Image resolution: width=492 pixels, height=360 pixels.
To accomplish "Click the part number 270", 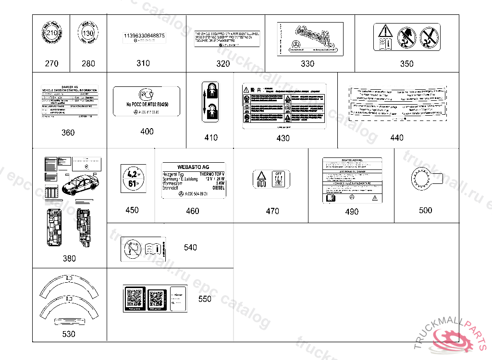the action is click(51, 63).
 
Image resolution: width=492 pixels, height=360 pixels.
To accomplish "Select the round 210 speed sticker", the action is click(51, 35).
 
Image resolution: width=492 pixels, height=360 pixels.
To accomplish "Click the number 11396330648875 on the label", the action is click(144, 36).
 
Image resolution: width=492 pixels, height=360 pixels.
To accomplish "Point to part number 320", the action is click(223, 63).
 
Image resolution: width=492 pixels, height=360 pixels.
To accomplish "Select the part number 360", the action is click(68, 132).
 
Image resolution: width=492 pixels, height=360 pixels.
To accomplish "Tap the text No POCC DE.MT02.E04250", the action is click(147, 105).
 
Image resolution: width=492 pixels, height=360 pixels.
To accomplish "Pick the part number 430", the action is click(283, 138).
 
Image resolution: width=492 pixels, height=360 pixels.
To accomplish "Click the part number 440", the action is click(397, 138).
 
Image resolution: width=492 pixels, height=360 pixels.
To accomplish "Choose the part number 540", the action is click(190, 247).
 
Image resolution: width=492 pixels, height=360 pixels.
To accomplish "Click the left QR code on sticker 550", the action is click(134, 299).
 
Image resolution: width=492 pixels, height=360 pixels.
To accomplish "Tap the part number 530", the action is click(69, 334).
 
